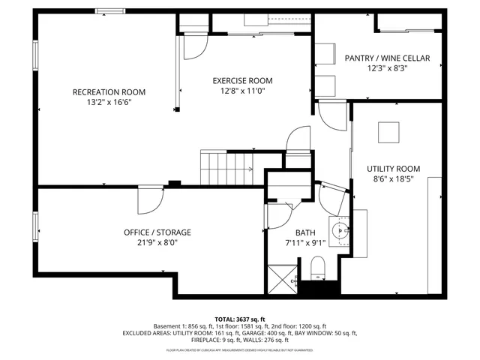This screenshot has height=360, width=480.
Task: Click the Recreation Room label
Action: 109,92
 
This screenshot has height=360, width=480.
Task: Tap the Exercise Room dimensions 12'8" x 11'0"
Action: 242,91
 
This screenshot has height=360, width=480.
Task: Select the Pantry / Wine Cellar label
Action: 387,58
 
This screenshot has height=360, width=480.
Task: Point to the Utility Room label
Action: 393,169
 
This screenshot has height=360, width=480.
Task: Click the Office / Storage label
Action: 157,232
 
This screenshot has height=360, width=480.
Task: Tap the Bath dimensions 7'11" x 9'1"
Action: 305,243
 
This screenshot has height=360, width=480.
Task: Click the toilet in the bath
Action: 316,268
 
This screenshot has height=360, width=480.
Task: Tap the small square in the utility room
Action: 388,132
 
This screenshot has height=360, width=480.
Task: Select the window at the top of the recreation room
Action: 110,10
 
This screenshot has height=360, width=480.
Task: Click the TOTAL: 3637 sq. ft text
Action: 240,319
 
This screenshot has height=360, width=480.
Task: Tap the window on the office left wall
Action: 34,227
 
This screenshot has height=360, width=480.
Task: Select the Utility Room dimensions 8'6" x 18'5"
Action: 393,179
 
